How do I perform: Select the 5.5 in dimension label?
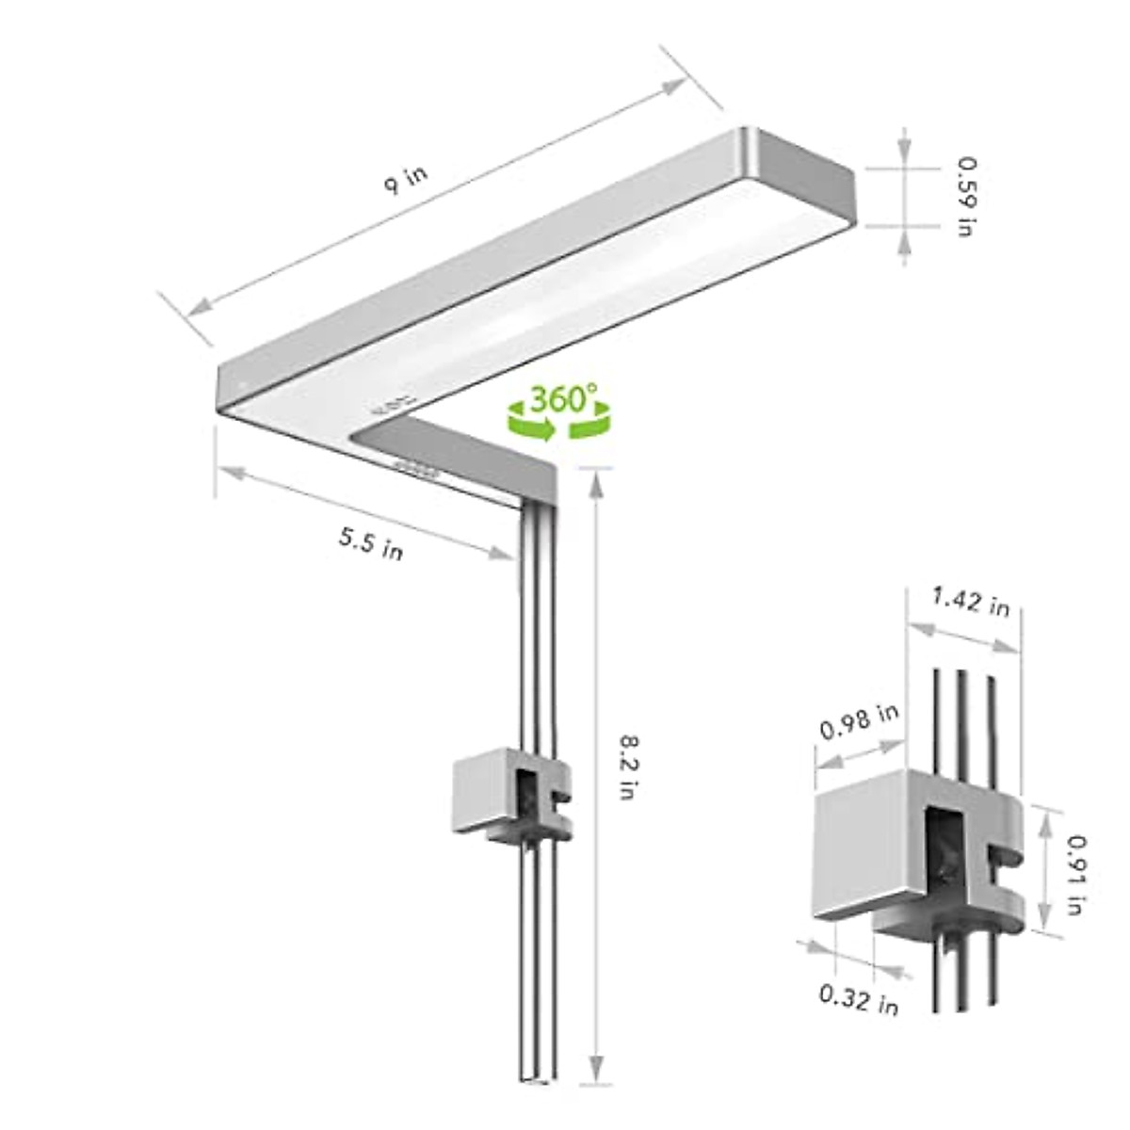(x=371, y=543)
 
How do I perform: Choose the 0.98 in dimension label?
(x=859, y=720)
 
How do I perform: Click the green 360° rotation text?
(x=557, y=399)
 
